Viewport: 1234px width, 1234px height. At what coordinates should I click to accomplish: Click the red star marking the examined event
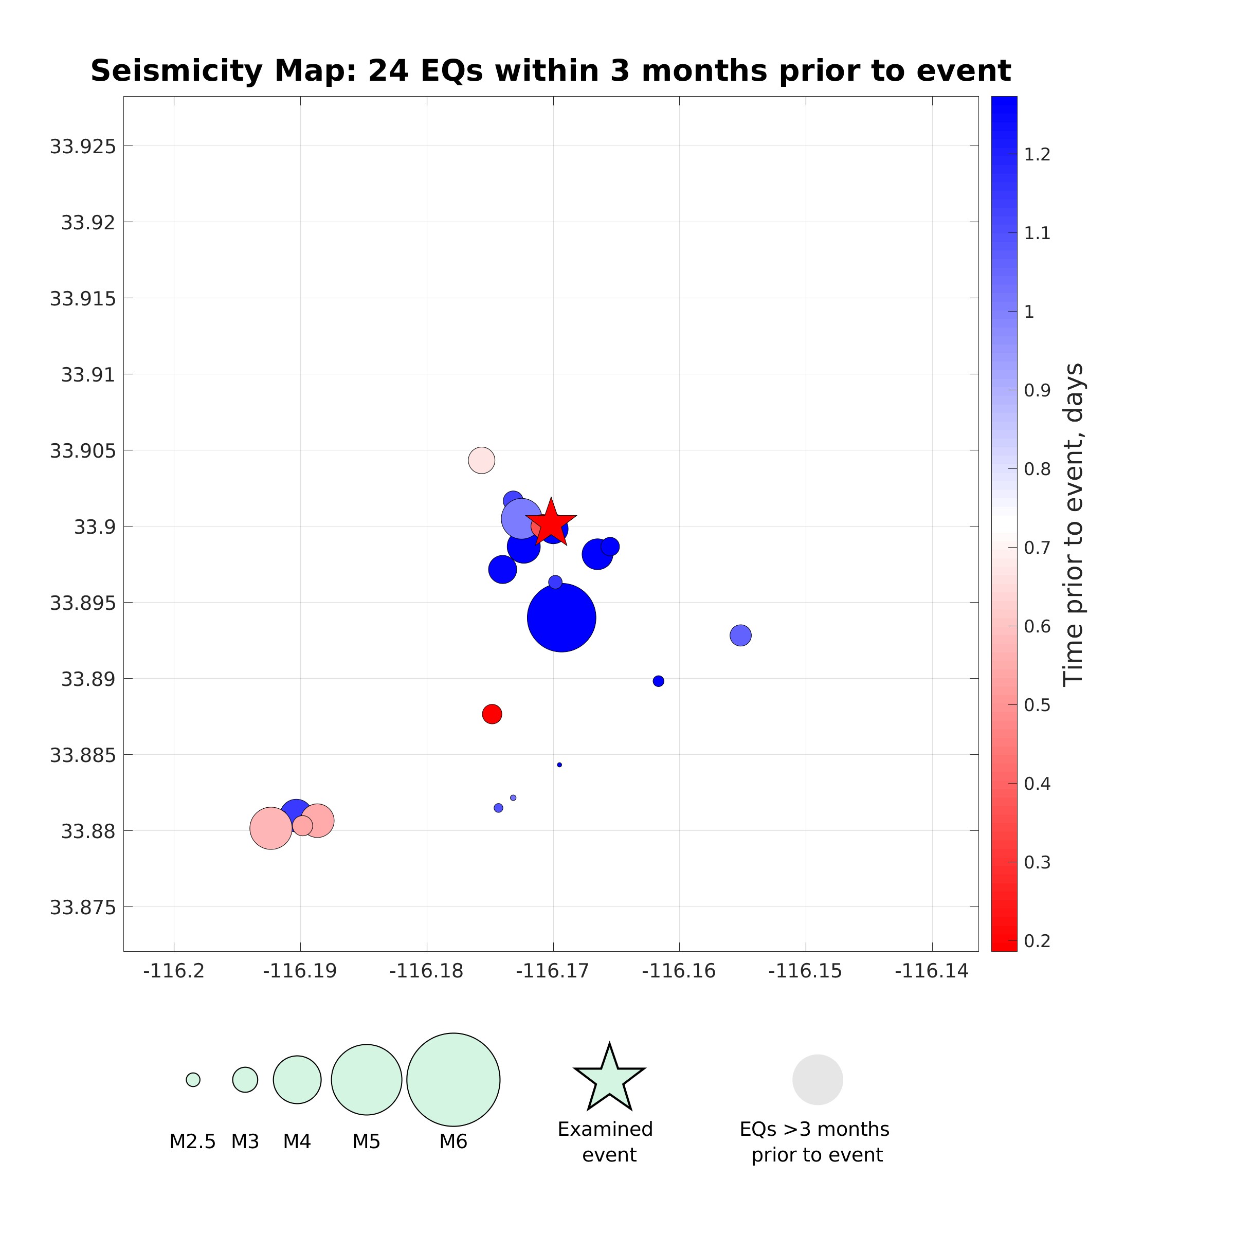[551, 523]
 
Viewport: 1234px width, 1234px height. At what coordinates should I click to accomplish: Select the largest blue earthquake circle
[561, 618]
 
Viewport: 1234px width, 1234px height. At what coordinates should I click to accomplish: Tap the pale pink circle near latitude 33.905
[482, 460]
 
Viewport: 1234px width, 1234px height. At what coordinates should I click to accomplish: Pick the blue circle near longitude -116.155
[740, 635]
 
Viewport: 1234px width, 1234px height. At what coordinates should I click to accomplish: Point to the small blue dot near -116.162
[659, 681]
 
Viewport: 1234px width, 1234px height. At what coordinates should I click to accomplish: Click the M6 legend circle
[453, 1079]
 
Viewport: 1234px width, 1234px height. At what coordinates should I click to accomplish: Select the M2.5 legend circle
[193, 1079]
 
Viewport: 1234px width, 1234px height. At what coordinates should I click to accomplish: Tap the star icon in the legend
[609, 1079]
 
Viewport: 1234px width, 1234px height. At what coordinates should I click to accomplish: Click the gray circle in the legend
[818, 1079]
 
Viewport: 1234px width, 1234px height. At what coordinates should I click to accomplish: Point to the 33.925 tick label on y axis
[83, 146]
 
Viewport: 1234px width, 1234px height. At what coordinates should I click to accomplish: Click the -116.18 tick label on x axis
[427, 971]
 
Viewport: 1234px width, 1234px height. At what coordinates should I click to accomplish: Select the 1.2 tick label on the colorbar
[1037, 155]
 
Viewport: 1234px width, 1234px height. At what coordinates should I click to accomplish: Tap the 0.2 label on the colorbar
[1037, 941]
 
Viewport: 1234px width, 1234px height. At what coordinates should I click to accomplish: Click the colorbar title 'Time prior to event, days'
[1073, 524]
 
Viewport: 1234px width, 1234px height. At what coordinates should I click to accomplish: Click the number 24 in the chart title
[388, 70]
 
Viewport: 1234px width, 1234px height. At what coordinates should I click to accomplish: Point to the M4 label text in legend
[297, 1141]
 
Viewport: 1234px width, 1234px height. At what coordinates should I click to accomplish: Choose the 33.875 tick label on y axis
[83, 907]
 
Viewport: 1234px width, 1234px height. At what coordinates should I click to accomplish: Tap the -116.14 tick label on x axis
[932, 971]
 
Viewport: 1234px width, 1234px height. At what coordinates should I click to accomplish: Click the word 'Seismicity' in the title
[176, 70]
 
